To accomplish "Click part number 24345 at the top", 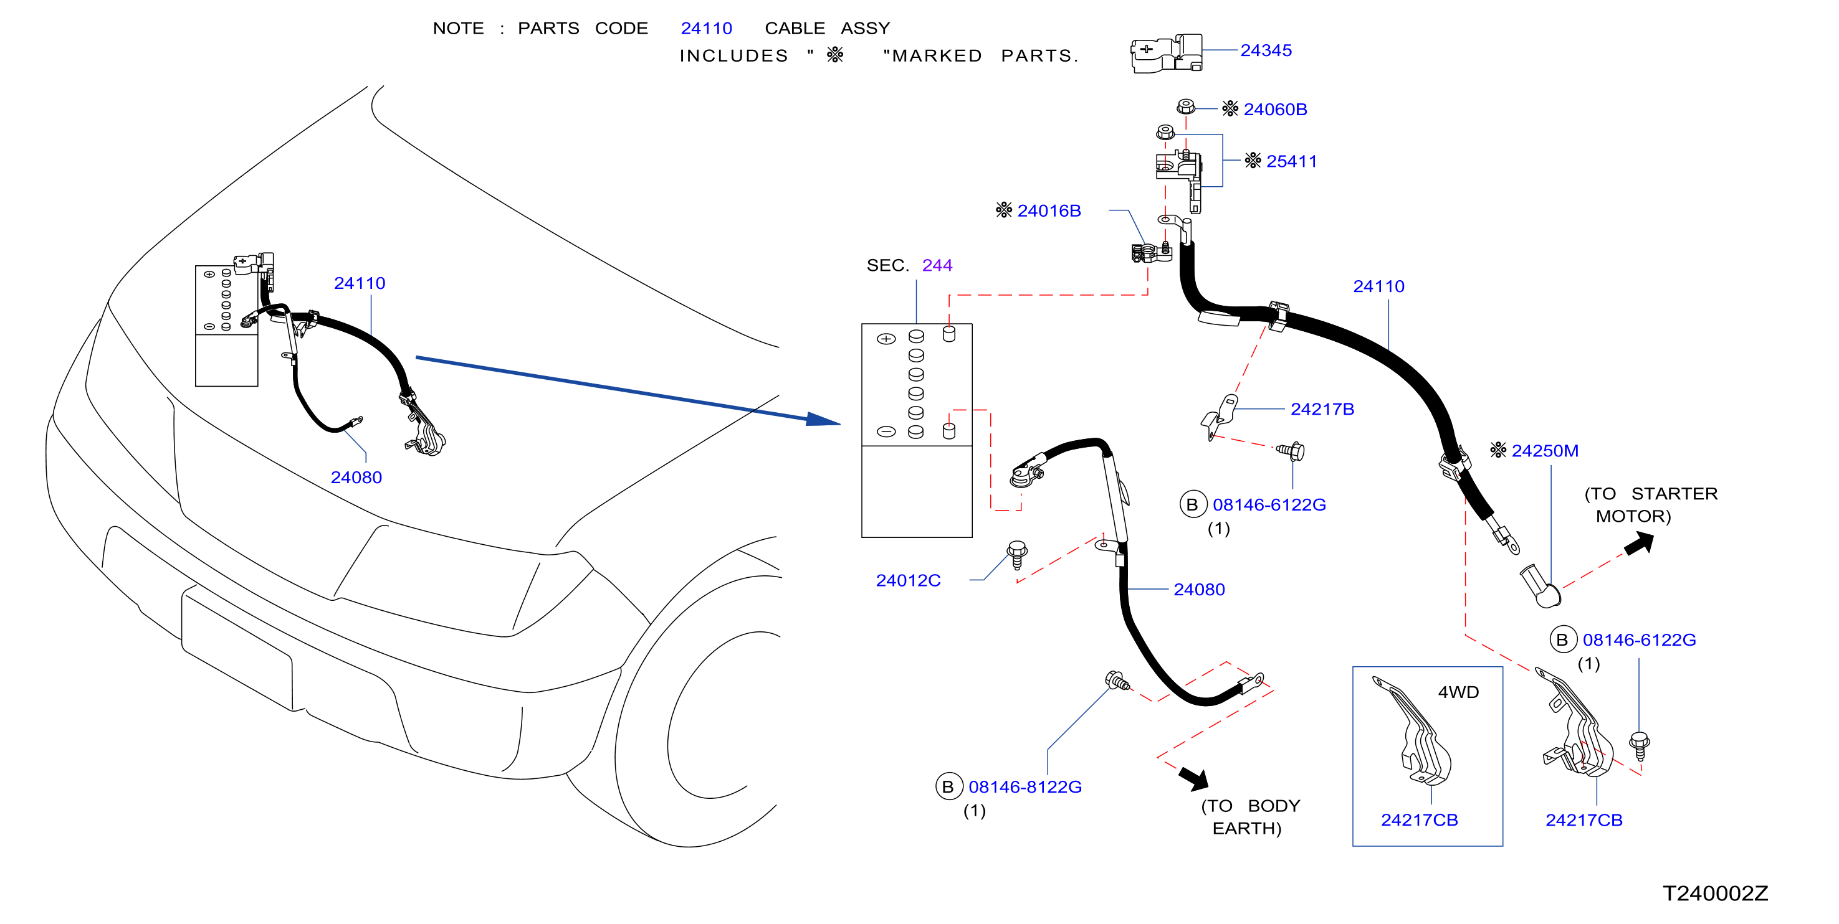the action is coord(1266,50).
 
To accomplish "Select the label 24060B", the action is coord(1275,109).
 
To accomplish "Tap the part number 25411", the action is coord(1291,161).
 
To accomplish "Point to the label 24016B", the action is coord(1049,210).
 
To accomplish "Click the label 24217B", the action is coord(1322,409).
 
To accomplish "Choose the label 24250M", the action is coord(1545,451).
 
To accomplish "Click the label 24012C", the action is coord(908,580).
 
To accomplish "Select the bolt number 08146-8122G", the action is coord(1025,786).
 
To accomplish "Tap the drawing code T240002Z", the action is coord(1716,893).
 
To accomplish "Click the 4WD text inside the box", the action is coord(1458,692).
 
